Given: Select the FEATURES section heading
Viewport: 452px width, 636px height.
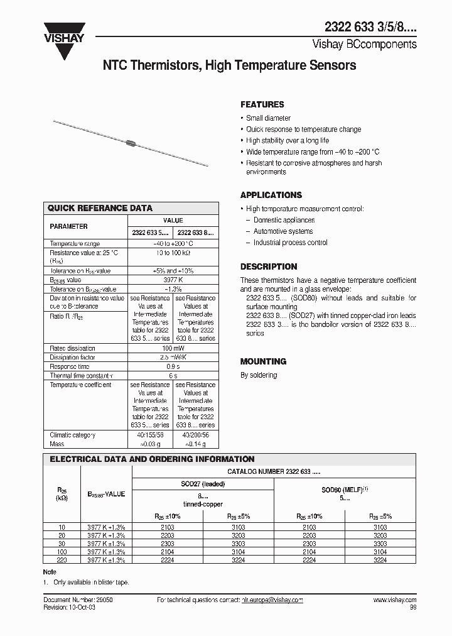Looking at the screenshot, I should tap(262, 104).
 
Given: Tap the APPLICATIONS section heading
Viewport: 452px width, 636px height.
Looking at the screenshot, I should tap(271, 195).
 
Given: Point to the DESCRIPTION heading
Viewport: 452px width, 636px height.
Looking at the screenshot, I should tap(269, 266).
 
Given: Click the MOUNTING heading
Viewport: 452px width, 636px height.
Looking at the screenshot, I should tap(263, 361).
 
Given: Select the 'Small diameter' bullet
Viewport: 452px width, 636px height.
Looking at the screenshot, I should tap(268, 118).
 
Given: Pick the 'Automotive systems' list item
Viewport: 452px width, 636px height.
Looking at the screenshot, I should tap(282, 231).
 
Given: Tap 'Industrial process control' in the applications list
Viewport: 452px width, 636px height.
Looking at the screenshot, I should tap(290, 243).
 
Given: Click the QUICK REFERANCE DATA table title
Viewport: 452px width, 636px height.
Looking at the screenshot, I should tap(100, 208).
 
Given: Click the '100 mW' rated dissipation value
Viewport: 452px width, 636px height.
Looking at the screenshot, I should tap(173, 348).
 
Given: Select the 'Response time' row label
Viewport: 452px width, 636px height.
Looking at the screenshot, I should tap(70, 366).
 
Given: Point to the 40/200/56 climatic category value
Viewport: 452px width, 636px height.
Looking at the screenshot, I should tap(195, 435).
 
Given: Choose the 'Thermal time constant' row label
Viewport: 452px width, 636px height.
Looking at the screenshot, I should tap(78, 376).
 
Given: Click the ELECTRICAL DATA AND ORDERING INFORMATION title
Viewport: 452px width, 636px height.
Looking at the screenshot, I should tap(152, 459).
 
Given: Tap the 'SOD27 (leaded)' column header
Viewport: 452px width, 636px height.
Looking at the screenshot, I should tap(202, 484).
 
